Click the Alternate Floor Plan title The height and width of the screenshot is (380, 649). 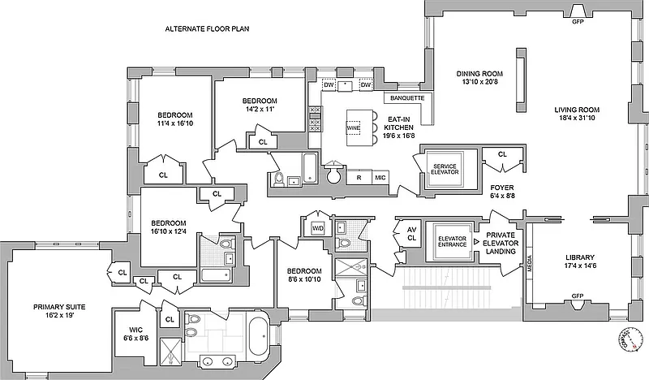coord(207,28)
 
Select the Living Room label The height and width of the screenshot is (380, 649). coord(577,115)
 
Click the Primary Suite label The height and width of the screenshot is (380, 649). coord(59,312)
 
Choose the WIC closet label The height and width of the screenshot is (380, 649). coord(134,335)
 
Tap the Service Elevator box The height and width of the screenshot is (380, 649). coord(445,168)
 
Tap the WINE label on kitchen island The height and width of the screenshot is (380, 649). coord(353,127)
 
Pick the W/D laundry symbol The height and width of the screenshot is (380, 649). coord(318,227)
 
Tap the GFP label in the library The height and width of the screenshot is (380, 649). coord(578,296)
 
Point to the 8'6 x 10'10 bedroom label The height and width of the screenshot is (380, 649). coord(304,276)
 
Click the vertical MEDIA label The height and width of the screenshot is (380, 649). coord(530,265)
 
